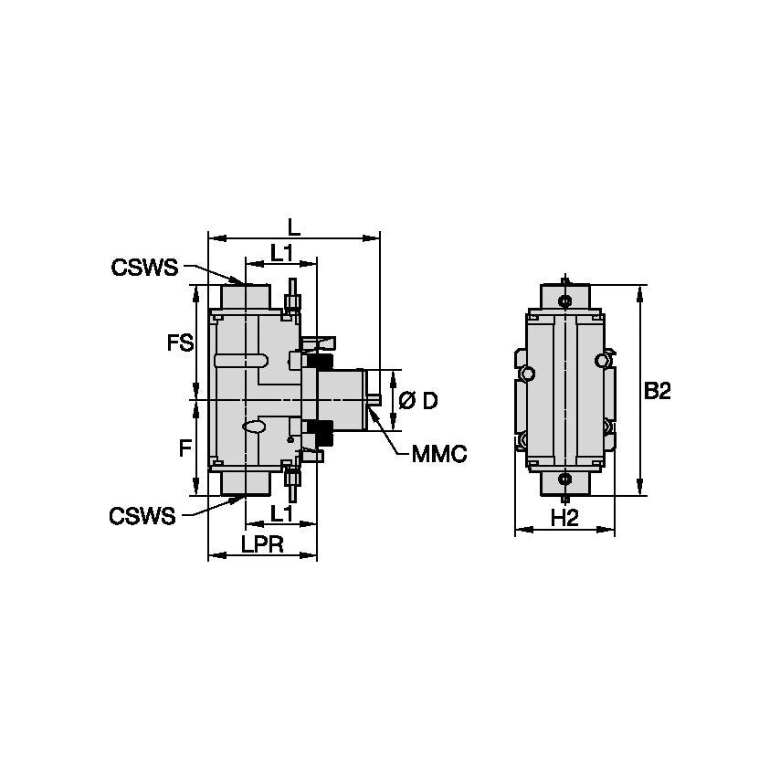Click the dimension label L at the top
(x=293, y=226)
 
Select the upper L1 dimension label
(x=280, y=252)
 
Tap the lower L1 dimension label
(x=280, y=513)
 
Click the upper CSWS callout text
(x=143, y=268)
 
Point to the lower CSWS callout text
(x=142, y=516)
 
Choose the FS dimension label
(x=181, y=343)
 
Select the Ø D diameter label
(x=418, y=400)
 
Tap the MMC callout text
(x=438, y=454)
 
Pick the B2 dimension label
(x=658, y=392)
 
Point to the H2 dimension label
(x=565, y=519)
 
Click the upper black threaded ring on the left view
(x=319, y=363)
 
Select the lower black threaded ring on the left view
(x=319, y=427)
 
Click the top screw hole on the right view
(x=565, y=301)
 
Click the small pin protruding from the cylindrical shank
(x=374, y=398)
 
